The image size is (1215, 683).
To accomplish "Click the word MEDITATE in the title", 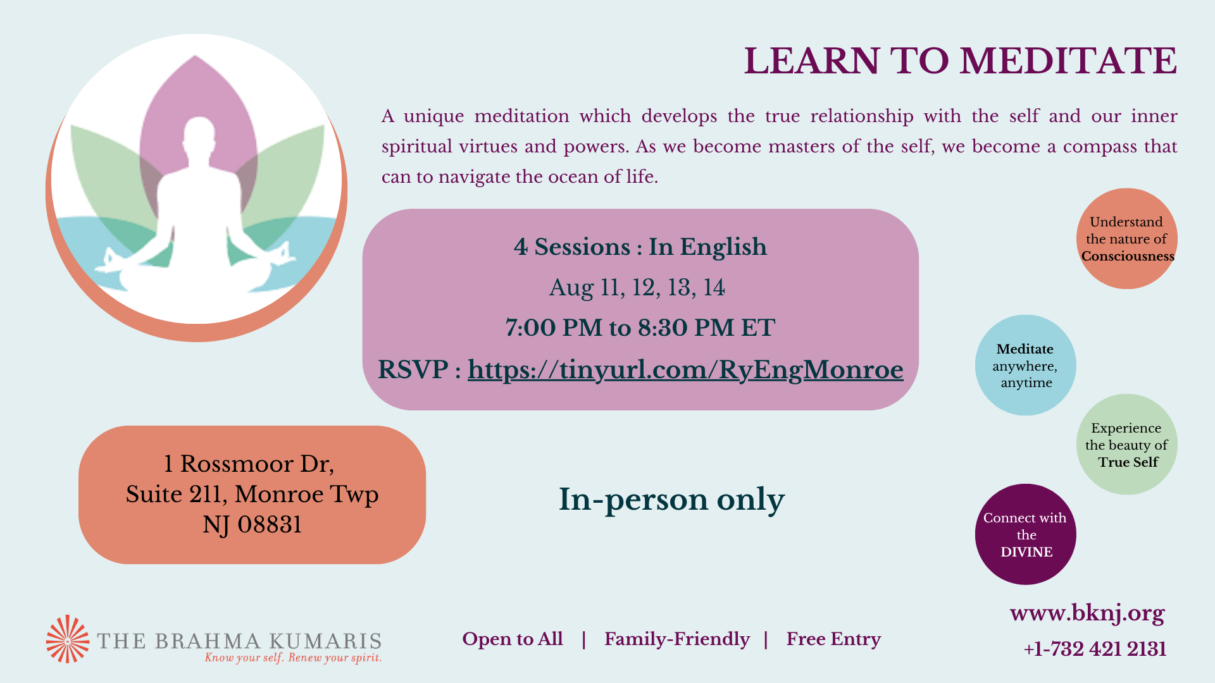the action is (1068, 61).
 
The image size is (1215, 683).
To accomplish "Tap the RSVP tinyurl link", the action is (685, 369).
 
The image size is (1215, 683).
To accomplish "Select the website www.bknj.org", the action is (1087, 613).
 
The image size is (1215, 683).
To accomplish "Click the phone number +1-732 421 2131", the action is (1095, 649).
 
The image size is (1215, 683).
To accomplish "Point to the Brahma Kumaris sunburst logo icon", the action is (68, 639).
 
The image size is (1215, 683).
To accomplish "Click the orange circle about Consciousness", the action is (1127, 238).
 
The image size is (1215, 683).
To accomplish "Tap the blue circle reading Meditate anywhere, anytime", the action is (1026, 365).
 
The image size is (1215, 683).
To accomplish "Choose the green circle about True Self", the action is (1127, 445).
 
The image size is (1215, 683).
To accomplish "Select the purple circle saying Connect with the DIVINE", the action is (1026, 534).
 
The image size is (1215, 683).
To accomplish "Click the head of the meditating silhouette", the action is (199, 134).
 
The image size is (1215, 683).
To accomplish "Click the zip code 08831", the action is (270, 525).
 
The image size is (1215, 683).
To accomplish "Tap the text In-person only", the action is (671, 500).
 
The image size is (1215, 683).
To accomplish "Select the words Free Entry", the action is (833, 639).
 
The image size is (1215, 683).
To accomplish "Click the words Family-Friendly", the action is (677, 639).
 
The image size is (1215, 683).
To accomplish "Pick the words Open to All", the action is (513, 639).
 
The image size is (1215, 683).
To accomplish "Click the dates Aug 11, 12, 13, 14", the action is (637, 288).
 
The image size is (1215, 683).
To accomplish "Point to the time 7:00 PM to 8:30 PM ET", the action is (640, 328).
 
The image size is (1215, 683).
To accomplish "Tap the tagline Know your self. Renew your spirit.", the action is (293, 658).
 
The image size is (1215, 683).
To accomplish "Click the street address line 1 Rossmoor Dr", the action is (249, 464).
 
